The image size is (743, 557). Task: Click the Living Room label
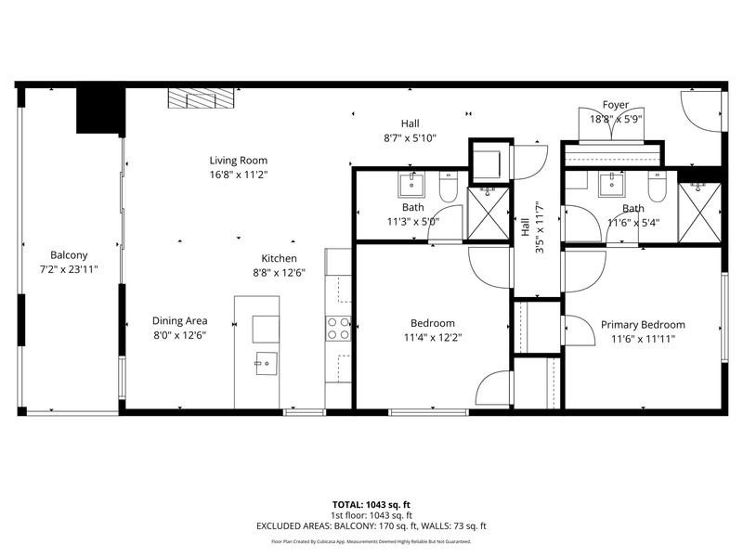coord(239,160)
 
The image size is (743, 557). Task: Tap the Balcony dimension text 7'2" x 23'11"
coord(69,269)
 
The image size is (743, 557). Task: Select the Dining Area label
coord(179,320)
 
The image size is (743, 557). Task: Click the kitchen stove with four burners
coord(338,329)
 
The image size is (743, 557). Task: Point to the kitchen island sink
coord(267,363)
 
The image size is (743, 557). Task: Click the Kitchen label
coord(280,258)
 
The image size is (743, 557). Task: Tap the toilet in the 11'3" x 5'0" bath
coord(448,187)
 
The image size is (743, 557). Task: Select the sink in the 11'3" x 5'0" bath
coord(411,185)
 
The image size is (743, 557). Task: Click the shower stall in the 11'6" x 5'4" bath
coord(700,214)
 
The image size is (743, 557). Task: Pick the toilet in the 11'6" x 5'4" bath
coord(657,187)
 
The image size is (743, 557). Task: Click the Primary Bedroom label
coord(643,324)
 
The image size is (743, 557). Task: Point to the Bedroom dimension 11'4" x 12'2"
coord(433,338)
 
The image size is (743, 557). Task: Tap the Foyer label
coord(616,104)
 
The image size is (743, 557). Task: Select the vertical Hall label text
coord(526,227)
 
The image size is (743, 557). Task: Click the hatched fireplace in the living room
coord(202,98)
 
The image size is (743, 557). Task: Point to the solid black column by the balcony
coord(100,110)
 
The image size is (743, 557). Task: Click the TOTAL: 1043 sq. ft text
coord(371,504)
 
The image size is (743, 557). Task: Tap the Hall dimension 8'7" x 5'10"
coord(410,138)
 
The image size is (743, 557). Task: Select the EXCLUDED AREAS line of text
coord(371,525)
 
